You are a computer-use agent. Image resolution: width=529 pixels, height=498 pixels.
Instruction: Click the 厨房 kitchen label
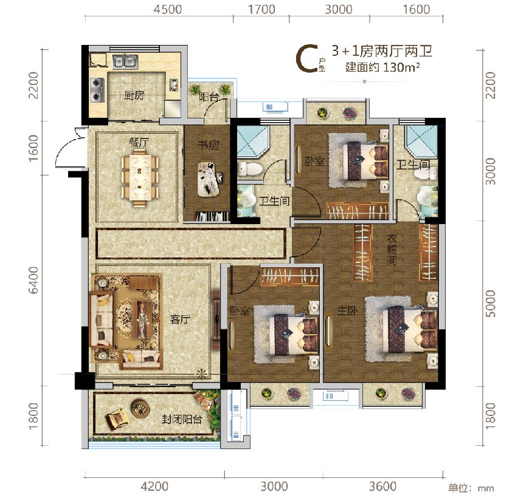(x=134, y=95)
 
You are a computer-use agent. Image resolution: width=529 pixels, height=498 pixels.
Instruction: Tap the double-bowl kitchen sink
(x=125, y=62)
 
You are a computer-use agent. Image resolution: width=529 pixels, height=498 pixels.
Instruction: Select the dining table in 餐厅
(x=140, y=177)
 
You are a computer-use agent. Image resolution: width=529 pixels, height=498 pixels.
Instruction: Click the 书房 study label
(x=208, y=145)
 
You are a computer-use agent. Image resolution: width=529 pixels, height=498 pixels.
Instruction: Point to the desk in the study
(x=208, y=179)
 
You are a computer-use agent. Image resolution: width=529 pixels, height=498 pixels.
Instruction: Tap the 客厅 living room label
(x=181, y=319)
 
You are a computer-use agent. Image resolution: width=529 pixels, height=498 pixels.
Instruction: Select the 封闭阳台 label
(x=182, y=419)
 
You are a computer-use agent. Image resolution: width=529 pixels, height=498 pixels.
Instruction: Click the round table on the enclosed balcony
(x=140, y=409)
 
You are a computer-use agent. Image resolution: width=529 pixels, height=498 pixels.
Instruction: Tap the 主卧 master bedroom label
(x=348, y=310)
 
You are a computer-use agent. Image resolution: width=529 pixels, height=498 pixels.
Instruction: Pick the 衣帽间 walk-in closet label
(x=392, y=250)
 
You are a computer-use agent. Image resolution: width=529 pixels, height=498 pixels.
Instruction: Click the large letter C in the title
(x=306, y=59)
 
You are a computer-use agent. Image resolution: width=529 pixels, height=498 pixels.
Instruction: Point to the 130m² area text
(x=401, y=67)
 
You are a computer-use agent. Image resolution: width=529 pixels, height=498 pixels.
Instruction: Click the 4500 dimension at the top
(x=168, y=9)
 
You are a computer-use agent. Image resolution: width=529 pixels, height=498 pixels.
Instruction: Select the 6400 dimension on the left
(x=33, y=280)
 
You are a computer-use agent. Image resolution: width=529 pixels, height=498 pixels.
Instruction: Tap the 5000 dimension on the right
(x=491, y=304)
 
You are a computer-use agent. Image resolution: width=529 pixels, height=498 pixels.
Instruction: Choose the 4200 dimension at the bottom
(x=154, y=486)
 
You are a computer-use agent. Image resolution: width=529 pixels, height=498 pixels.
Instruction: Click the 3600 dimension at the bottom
(x=382, y=486)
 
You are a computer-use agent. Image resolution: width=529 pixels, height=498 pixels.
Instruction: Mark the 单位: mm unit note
(x=471, y=488)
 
